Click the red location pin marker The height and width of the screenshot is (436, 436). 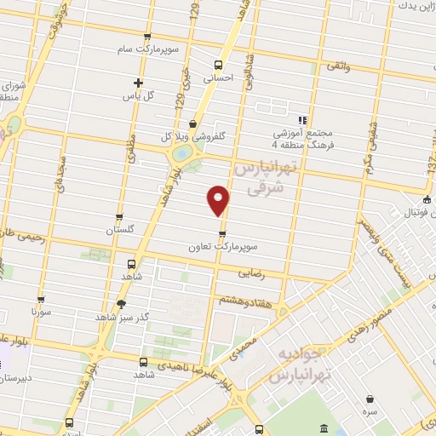[x=219, y=200]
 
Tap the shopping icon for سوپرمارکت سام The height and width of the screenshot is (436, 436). [x=147, y=36]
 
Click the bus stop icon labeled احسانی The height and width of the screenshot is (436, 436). [x=218, y=64]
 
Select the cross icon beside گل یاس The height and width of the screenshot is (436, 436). [x=137, y=83]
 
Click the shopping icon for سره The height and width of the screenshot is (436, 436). [x=371, y=397]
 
